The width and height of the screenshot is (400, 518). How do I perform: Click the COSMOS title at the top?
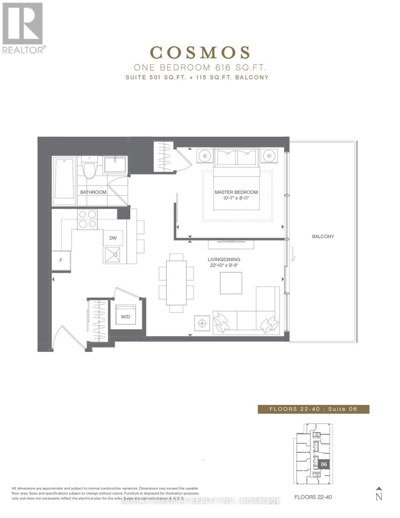[200, 53]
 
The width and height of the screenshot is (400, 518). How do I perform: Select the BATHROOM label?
[93, 192]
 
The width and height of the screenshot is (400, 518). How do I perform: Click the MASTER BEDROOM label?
[236, 192]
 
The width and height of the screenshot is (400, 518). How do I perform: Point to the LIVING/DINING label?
[224, 259]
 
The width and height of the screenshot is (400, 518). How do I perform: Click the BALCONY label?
[323, 237]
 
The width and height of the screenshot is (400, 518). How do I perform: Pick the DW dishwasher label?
[113, 238]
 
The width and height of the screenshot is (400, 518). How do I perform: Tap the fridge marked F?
[61, 261]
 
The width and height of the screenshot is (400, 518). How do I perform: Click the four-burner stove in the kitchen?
[87, 219]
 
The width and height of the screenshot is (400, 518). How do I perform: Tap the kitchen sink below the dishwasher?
[113, 255]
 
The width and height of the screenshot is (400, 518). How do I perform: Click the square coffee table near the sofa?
[231, 283]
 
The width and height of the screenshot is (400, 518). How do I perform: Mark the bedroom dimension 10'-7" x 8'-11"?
[236, 198]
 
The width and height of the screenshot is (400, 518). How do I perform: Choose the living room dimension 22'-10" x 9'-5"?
[224, 265]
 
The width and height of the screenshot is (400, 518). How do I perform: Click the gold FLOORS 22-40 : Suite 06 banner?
[313, 409]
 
